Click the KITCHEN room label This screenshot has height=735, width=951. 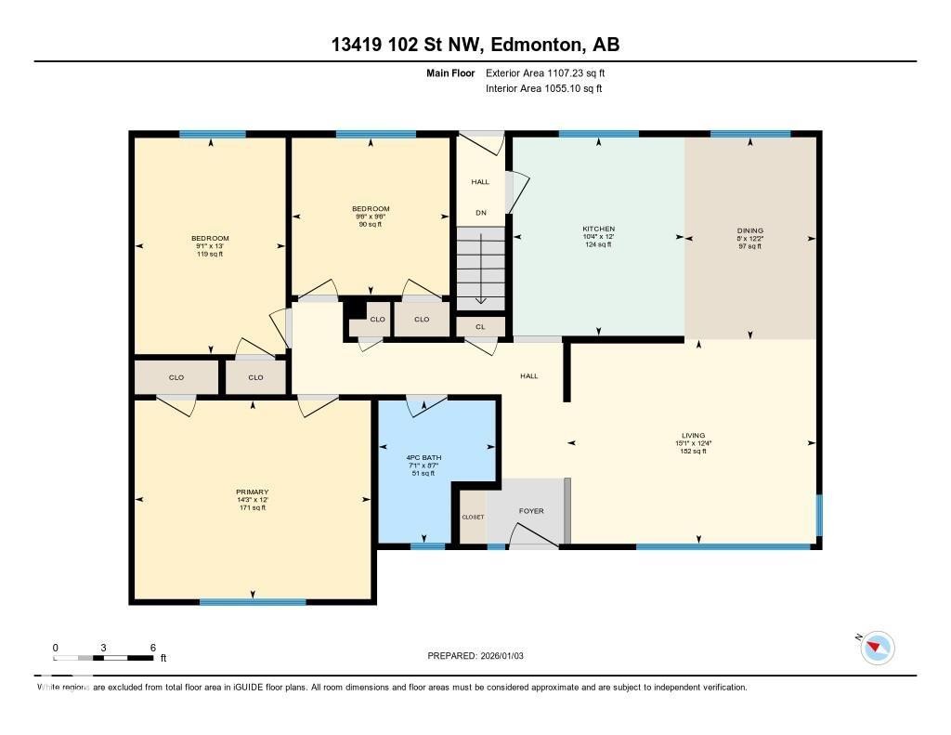[x=598, y=229]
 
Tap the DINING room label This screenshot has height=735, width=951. [x=750, y=230]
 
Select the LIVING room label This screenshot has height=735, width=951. [x=693, y=435]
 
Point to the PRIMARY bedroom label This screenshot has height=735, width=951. [x=252, y=492]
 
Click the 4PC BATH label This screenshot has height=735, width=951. [x=423, y=458]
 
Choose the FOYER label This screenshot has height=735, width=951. [x=531, y=511]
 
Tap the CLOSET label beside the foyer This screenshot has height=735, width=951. [x=473, y=518]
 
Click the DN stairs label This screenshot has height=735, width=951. [x=480, y=213]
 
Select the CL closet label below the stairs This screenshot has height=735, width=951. [x=480, y=327]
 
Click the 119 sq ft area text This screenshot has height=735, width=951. [x=210, y=253]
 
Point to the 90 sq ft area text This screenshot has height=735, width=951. [x=371, y=224]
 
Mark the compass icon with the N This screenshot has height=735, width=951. [x=877, y=647]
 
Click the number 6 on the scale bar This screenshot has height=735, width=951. [x=152, y=647]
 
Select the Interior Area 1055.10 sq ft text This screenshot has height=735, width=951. [x=543, y=89]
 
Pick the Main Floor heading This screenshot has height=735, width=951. [x=450, y=72]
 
